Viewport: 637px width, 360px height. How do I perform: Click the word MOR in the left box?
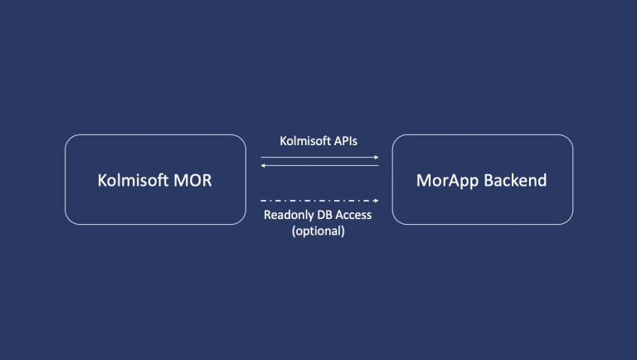coord(191,180)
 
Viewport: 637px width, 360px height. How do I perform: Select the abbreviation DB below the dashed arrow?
coord(327,216)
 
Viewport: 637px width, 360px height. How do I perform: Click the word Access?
coord(357,216)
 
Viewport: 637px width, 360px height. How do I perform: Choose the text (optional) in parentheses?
coord(319,231)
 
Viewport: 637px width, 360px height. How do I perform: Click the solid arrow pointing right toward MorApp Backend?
coord(319,157)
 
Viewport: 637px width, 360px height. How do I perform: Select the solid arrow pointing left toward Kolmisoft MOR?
coord(319,165)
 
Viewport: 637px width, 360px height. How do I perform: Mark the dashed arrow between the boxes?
coord(319,201)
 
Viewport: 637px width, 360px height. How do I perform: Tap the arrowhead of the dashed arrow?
coord(376,201)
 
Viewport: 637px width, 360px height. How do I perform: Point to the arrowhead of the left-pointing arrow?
coord(263,165)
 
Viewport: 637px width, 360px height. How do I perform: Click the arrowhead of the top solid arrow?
coord(376,157)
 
